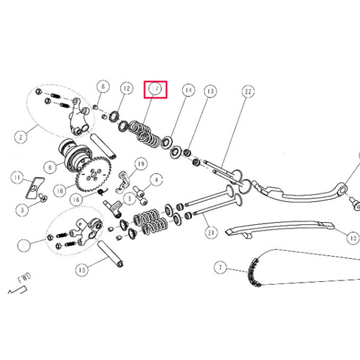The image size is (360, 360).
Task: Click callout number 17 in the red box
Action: click(x=155, y=89)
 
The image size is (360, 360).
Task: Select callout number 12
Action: click(x=127, y=89)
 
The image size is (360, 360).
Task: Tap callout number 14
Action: click(x=188, y=91)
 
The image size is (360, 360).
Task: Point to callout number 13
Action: click(x=210, y=91)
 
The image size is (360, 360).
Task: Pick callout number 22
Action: click(x=247, y=91)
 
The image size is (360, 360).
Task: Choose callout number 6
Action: click(x=51, y=168)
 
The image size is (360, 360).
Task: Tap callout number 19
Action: click(x=140, y=164)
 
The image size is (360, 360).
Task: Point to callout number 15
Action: click(x=82, y=269)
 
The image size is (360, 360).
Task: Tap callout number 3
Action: click(x=22, y=209)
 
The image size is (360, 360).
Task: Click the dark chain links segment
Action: click(x=253, y=275)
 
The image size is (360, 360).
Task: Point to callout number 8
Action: click(x=103, y=88)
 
